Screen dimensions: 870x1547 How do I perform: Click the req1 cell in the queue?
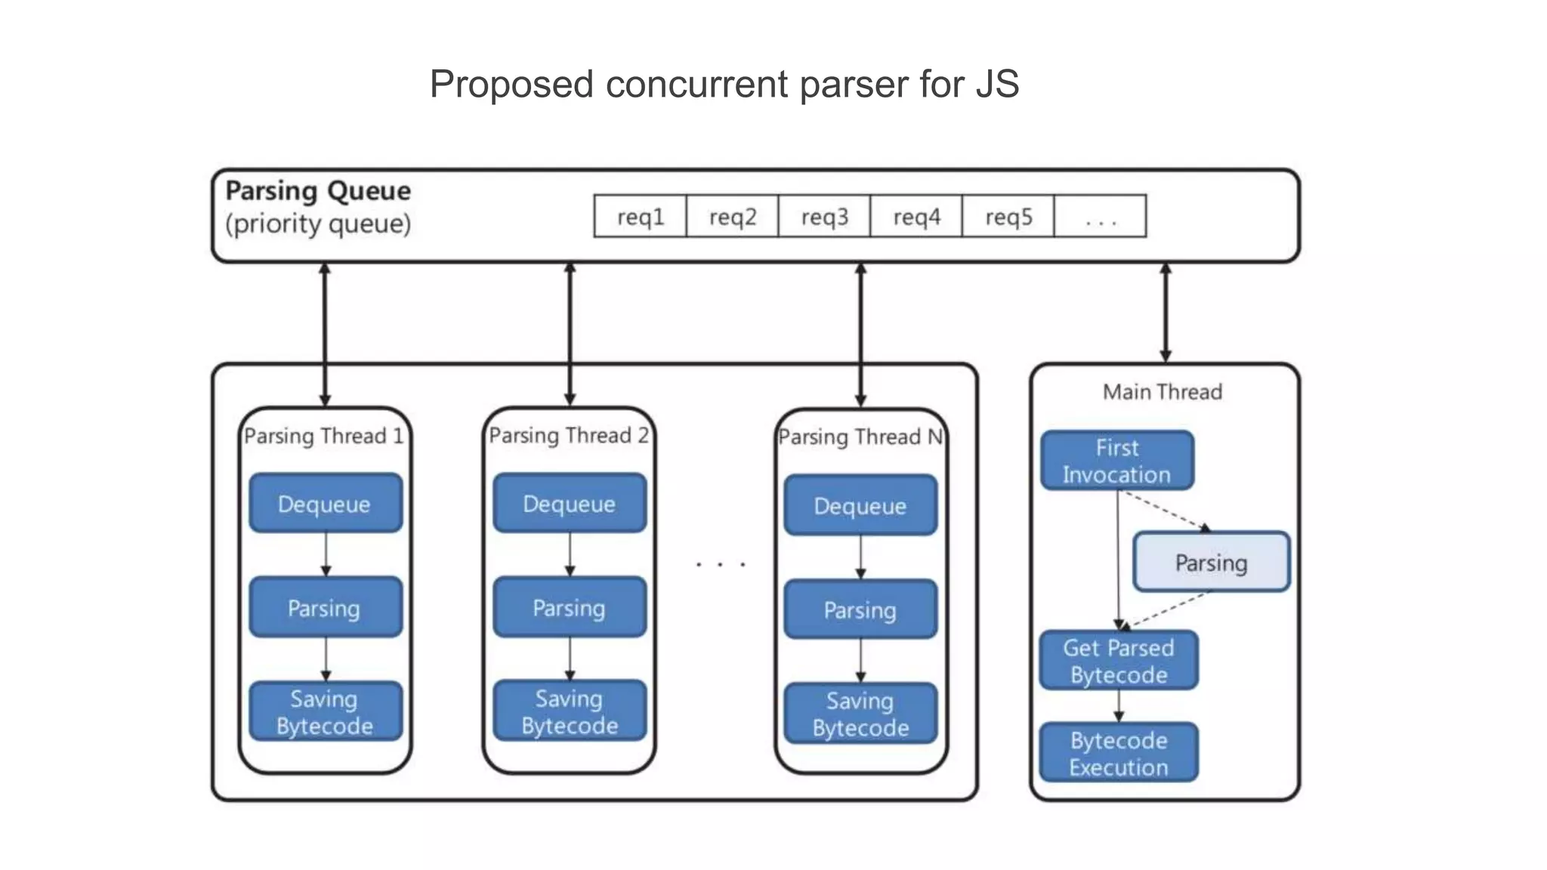641,217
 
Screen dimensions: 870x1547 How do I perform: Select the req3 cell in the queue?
824,217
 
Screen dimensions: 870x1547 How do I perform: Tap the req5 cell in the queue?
1008,217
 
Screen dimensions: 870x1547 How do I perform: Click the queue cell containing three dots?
1100,217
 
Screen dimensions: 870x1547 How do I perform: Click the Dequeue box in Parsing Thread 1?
326,504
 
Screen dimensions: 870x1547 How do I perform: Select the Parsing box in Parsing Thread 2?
570,608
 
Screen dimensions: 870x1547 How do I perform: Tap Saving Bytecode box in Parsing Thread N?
860,714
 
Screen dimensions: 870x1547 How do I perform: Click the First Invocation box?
1117,461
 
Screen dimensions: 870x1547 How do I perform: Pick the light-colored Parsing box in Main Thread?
1211,563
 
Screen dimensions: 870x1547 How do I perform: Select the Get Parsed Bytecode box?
1119,661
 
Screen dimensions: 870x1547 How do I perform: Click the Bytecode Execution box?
1119,753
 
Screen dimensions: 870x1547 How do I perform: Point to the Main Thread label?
1163,392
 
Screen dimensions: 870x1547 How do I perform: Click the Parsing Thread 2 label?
569,436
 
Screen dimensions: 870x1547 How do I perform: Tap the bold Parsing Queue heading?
318,191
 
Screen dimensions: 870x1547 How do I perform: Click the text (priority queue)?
318,224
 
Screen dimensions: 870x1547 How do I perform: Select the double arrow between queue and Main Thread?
1166,313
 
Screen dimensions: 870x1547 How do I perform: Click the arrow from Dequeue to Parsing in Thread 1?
326,555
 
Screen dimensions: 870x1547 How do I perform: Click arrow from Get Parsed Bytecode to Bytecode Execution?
1119,706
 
